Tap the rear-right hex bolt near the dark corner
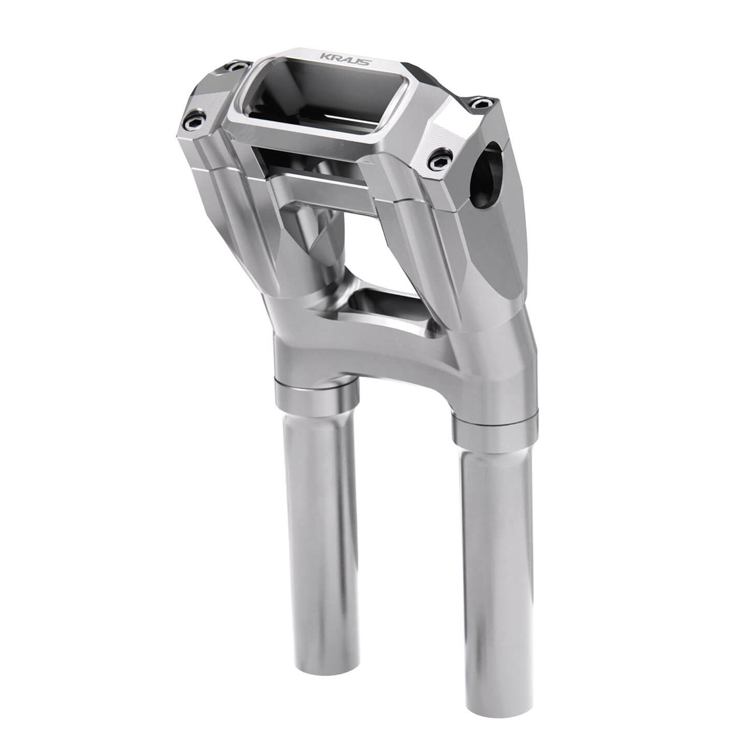(x=480, y=103)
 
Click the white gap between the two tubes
(x=402, y=554)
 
